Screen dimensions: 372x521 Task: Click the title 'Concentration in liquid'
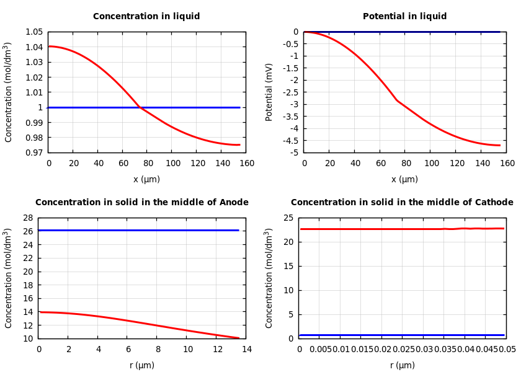click(x=146, y=17)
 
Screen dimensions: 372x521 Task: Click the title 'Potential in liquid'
click(x=404, y=17)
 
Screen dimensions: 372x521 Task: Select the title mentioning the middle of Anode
click(x=141, y=203)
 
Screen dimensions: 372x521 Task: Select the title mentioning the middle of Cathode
click(x=402, y=203)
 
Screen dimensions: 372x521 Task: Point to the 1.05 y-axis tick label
click(x=34, y=32)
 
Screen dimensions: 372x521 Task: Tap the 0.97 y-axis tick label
click(x=34, y=153)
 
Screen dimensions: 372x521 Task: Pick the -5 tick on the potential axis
click(x=292, y=153)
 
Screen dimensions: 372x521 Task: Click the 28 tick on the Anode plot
click(x=27, y=218)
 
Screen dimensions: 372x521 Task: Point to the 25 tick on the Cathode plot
click(x=288, y=218)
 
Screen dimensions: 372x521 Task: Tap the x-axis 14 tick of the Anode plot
click(x=246, y=350)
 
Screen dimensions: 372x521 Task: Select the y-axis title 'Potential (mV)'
click(x=269, y=92)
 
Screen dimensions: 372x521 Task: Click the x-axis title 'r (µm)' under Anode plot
click(x=142, y=366)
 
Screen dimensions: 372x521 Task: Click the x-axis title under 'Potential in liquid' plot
click(x=404, y=180)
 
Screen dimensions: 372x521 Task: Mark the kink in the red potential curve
click(x=397, y=100)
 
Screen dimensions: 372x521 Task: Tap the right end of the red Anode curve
click(x=239, y=338)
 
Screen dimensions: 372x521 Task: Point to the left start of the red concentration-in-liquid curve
click(x=49, y=46)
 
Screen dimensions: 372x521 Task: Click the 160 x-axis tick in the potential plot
click(x=507, y=164)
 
